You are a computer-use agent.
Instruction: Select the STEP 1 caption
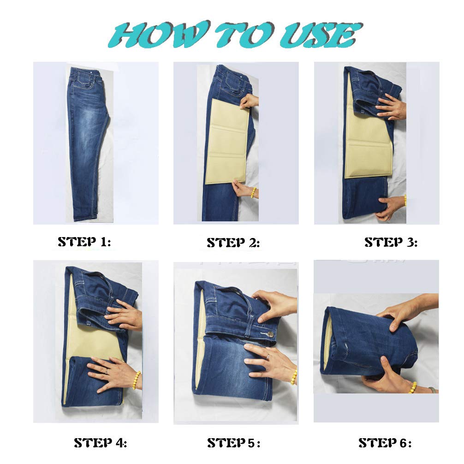(x=84, y=242)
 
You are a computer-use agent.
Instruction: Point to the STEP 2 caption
(x=233, y=243)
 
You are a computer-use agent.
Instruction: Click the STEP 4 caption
(x=100, y=443)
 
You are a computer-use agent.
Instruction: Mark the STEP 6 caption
(x=385, y=443)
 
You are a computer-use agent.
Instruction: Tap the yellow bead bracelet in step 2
(x=253, y=192)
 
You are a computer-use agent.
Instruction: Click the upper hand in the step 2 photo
(x=249, y=101)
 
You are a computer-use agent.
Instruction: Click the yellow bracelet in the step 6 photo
(x=413, y=387)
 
